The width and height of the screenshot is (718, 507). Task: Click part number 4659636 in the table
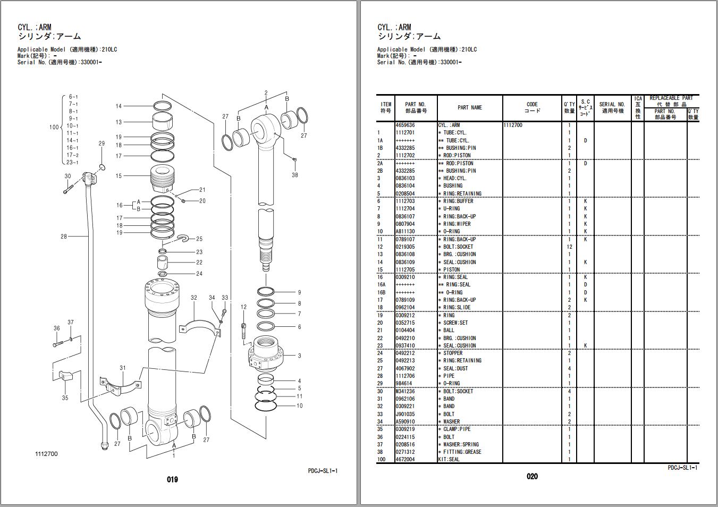pyautogui.click(x=405, y=125)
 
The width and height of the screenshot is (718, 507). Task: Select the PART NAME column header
pyautogui.click(x=469, y=107)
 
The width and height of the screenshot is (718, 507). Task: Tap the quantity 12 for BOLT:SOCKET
pyautogui.click(x=569, y=247)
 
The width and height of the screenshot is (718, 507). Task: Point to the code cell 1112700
pyautogui.click(x=513, y=125)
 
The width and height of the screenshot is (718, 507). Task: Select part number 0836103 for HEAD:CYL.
pyautogui.click(x=405, y=179)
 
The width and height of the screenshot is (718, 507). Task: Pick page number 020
pyautogui.click(x=532, y=477)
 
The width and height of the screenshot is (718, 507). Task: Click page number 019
pyautogui.click(x=172, y=479)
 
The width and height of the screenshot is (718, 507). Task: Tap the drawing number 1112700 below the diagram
pyautogui.click(x=46, y=454)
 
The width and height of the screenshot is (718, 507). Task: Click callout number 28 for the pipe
pyautogui.click(x=64, y=236)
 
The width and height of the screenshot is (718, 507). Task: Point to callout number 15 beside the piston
pyautogui.click(x=119, y=176)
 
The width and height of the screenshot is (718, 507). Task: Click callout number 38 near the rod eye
pyautogui.click(x=295, y=175)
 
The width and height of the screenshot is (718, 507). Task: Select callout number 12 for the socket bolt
pyautogui.click(x=243, y=307)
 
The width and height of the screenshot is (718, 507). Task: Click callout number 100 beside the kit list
pyautogui.click(x=54, y=127)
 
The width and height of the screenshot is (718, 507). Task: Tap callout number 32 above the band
pyautogui.click(x=194, y=298)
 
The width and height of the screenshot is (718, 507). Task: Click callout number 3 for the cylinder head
pyautogui.click(x=299, y=356)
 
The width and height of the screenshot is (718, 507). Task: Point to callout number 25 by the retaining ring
pyautogui.click(x=199, y=239)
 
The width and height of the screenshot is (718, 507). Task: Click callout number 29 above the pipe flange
pyautogui.click(x=102, y=143)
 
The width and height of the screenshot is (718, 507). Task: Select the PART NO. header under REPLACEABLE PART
pyautogui.click(x=665, y=114)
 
